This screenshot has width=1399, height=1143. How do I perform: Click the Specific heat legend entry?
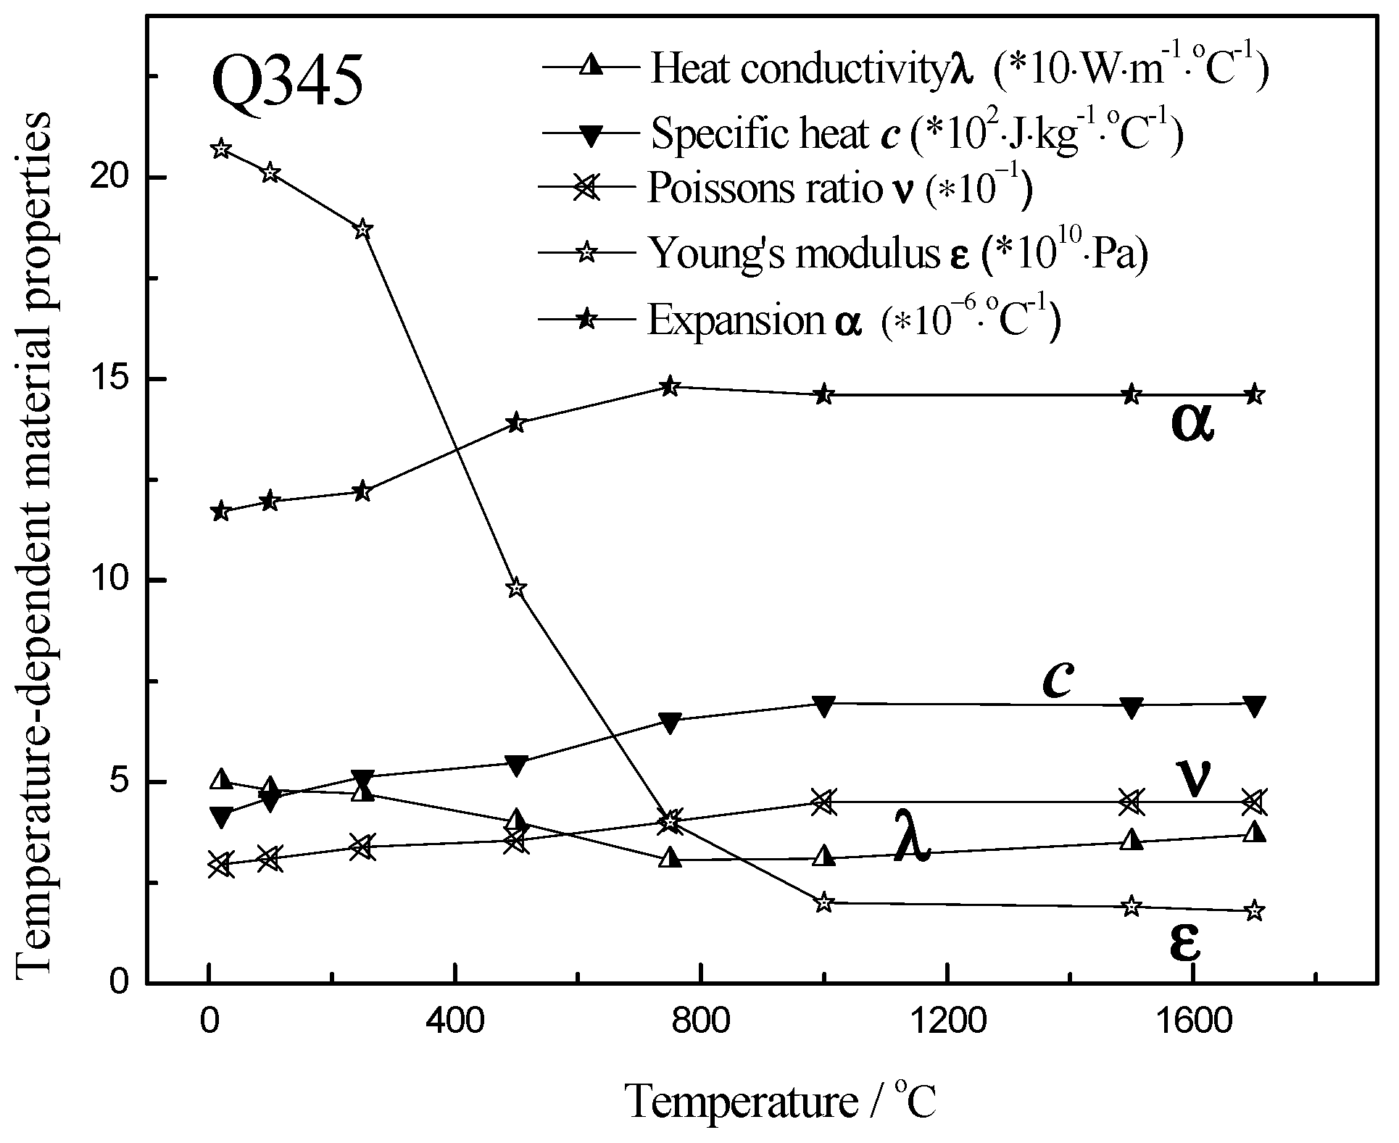[x=863, y=133]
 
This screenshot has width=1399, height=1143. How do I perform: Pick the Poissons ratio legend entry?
[x=786, y=189]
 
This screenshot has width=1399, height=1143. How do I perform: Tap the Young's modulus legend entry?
[x=844, y=253]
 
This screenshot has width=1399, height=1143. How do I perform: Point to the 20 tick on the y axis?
[x=122, y=178]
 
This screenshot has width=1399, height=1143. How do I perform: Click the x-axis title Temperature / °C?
[x=781, y=1102]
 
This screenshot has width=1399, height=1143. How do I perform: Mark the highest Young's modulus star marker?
[x=222, y=149]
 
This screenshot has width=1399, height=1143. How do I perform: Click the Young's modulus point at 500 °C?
[x=515, y=589]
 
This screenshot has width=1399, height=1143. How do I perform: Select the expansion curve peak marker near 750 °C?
[x=671, y=386]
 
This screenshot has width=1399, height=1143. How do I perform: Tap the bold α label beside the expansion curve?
[x=1192, y=426]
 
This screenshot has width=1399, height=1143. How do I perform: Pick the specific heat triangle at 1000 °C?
[x=823, y=705]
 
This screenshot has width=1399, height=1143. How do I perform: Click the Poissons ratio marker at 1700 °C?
[x=1255, y=802]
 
